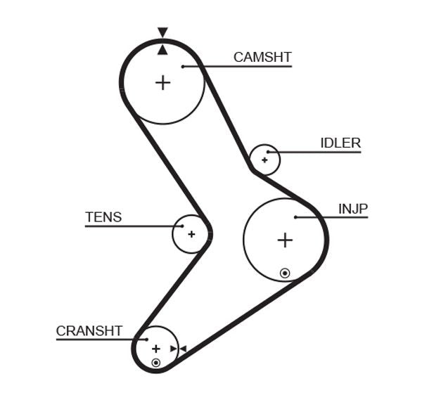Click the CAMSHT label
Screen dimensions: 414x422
(x=262, y=58)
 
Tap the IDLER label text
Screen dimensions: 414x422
(x=340, y=143)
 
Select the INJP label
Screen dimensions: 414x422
(x=353, y=209)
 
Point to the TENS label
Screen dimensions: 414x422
(x=103, y=217)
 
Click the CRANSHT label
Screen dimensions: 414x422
(x=89, y=330)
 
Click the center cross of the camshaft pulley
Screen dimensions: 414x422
(x=162, y=83)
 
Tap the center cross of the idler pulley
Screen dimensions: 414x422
(x=264, y=160)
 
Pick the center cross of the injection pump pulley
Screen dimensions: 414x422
(x=284, y=240)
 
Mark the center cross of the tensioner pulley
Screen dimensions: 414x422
(x=191, y=233)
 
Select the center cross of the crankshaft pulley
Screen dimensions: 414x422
(x=156, y=348)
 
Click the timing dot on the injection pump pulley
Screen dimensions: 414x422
(x=284, y=272)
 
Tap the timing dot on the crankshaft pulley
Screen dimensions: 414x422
(x=156, y=363)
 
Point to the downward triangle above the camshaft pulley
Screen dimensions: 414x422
(x=162, y=32)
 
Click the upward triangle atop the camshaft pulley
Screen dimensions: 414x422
(x=162, y=49)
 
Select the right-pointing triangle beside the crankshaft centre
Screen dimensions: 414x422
(x=173, y=349)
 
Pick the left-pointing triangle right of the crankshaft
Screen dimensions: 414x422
(x=182, y=349)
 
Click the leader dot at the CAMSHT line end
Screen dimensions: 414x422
(x=182, y=67)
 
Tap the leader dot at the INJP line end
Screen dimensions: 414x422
(x=295, y=217)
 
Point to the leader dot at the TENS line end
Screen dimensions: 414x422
(x=181, y=226)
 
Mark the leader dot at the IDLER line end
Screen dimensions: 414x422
(x=268, y=152)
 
